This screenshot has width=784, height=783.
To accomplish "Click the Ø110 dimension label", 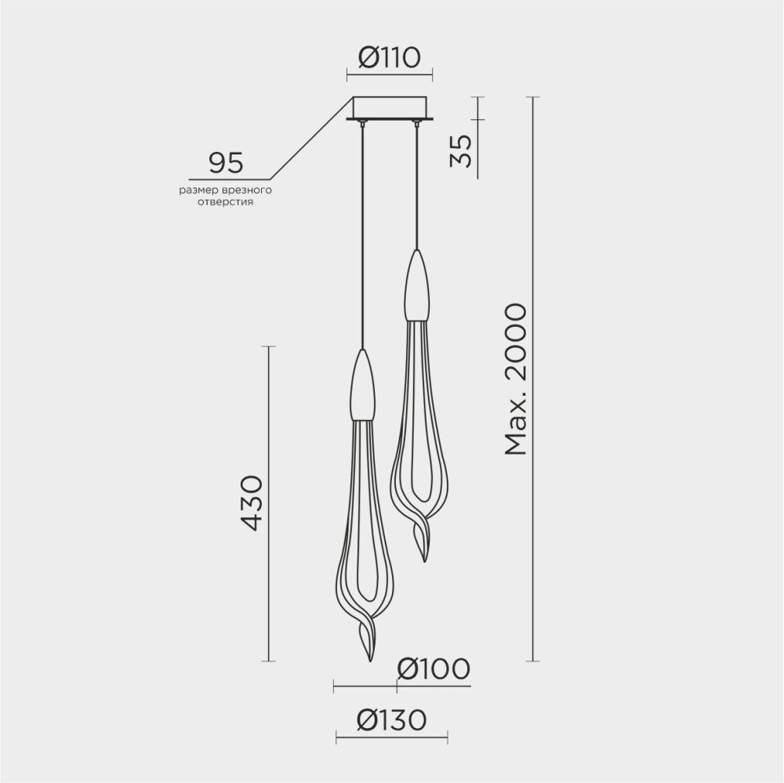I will (390, 57).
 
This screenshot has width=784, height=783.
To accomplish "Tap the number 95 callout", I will (225, 162).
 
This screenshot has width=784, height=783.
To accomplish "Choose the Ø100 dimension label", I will (433, 669).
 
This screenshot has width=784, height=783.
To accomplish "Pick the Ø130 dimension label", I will (390, 720).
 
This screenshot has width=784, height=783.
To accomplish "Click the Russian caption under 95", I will (225, 195).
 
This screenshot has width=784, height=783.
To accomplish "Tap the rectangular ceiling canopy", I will (390, 107).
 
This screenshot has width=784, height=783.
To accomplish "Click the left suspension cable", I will (362, 235).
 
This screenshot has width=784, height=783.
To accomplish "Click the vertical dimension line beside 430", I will (270, 503).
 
